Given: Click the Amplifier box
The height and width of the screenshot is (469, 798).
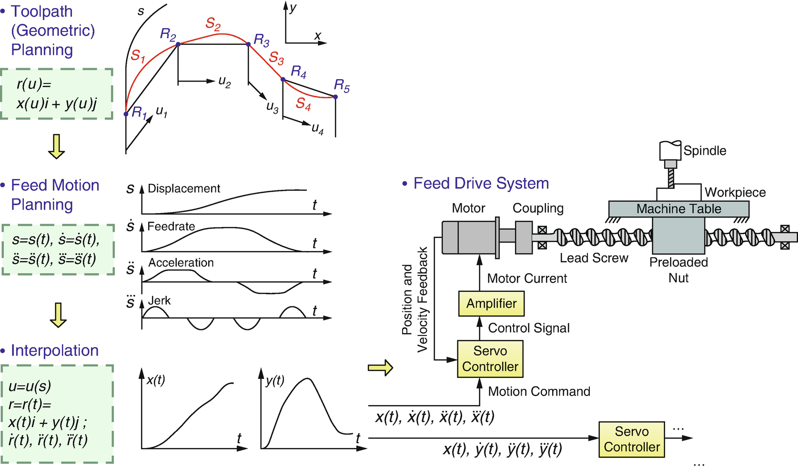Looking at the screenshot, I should (491, 304).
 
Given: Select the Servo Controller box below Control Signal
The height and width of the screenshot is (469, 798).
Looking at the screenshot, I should (490, 359).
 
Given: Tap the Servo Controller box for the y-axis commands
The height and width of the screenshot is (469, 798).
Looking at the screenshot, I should (631, 439).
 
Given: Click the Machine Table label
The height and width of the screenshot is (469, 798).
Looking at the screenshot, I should (678, 209).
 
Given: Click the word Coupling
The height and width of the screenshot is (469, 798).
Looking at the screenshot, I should (538, 208).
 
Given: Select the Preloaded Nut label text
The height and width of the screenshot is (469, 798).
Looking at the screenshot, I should (678, 270).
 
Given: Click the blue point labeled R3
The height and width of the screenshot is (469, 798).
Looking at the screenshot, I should (248, 44).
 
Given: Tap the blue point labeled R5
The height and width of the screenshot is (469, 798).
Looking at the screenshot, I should (335, 97).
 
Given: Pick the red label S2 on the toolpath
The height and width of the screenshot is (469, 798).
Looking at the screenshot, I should (213, 23).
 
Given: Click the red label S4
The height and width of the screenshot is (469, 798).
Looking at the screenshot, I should (303, 103).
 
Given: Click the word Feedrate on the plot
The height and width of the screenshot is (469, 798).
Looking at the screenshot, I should (171, 226).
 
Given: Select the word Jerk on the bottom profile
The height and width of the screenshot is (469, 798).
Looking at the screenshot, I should (159, 301).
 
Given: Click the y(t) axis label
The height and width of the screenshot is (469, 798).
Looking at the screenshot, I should (275, 380).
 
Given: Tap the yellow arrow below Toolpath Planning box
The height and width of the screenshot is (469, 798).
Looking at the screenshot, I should (56, 146).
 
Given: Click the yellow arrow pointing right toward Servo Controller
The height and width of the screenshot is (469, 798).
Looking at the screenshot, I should (380, 367).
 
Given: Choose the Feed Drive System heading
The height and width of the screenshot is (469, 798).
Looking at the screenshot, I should (481, 184).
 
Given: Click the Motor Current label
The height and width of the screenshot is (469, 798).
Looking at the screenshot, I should (527, 278).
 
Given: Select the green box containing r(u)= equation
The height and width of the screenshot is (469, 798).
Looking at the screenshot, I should (56, 94).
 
